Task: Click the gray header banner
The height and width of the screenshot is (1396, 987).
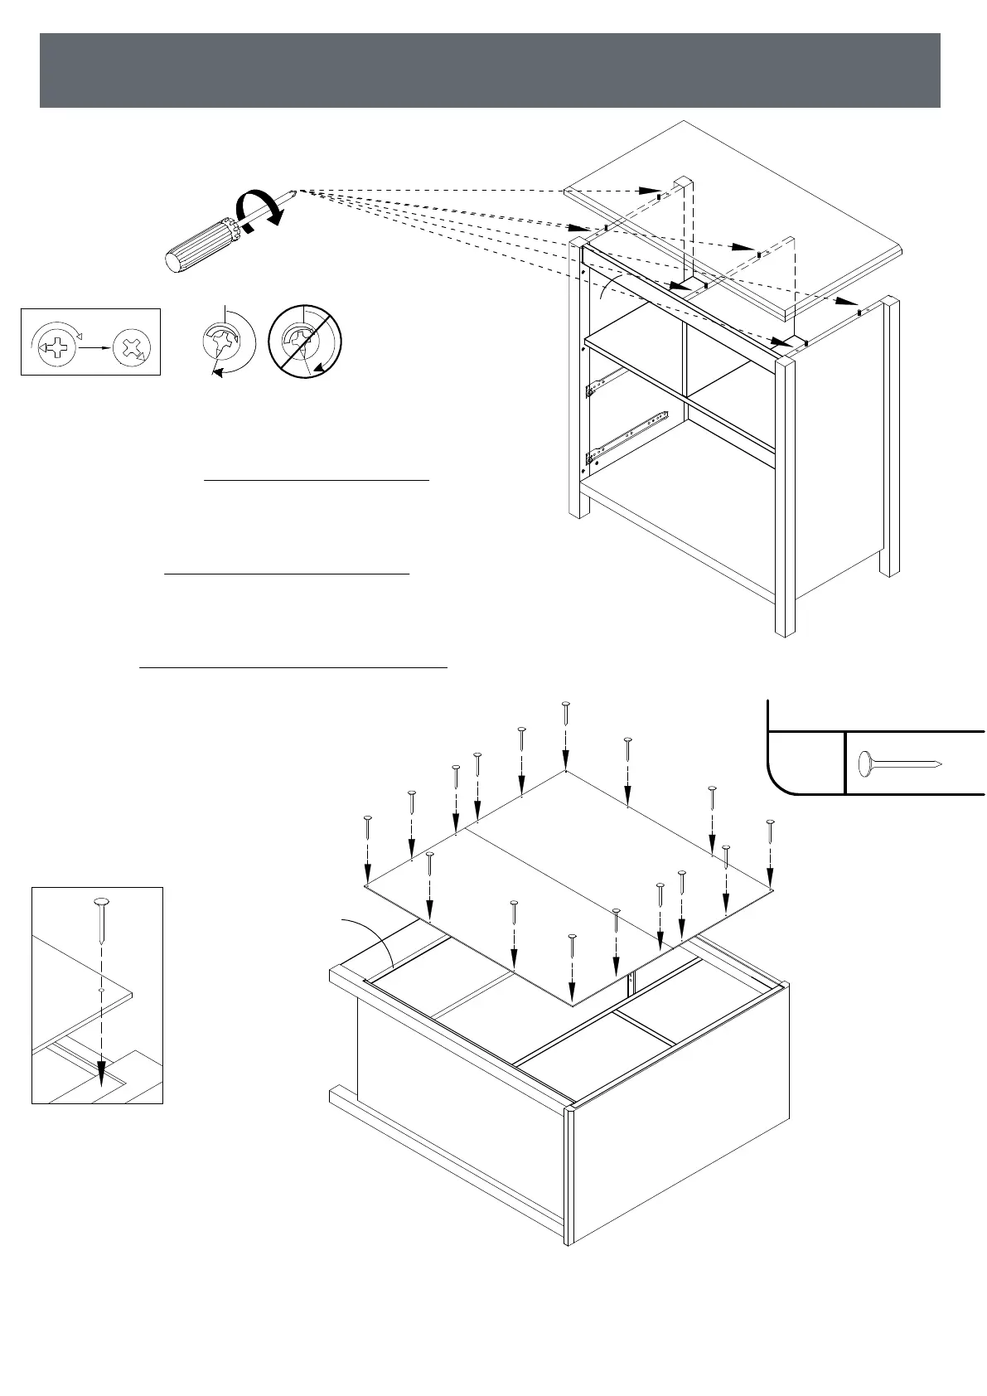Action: [490, 70]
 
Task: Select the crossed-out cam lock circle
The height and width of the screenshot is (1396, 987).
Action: [304, 342]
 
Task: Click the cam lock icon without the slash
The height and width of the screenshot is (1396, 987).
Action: [222, 340]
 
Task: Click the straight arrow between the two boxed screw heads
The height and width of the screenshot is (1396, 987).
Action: [94, 347]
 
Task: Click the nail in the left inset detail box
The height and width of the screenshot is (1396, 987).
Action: [101, 919]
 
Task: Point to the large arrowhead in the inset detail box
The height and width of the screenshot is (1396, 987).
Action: [101, 1074]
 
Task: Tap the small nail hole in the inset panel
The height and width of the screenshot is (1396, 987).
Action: [101, 990]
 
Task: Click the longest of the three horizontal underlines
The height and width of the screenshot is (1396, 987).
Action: [293, 666]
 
